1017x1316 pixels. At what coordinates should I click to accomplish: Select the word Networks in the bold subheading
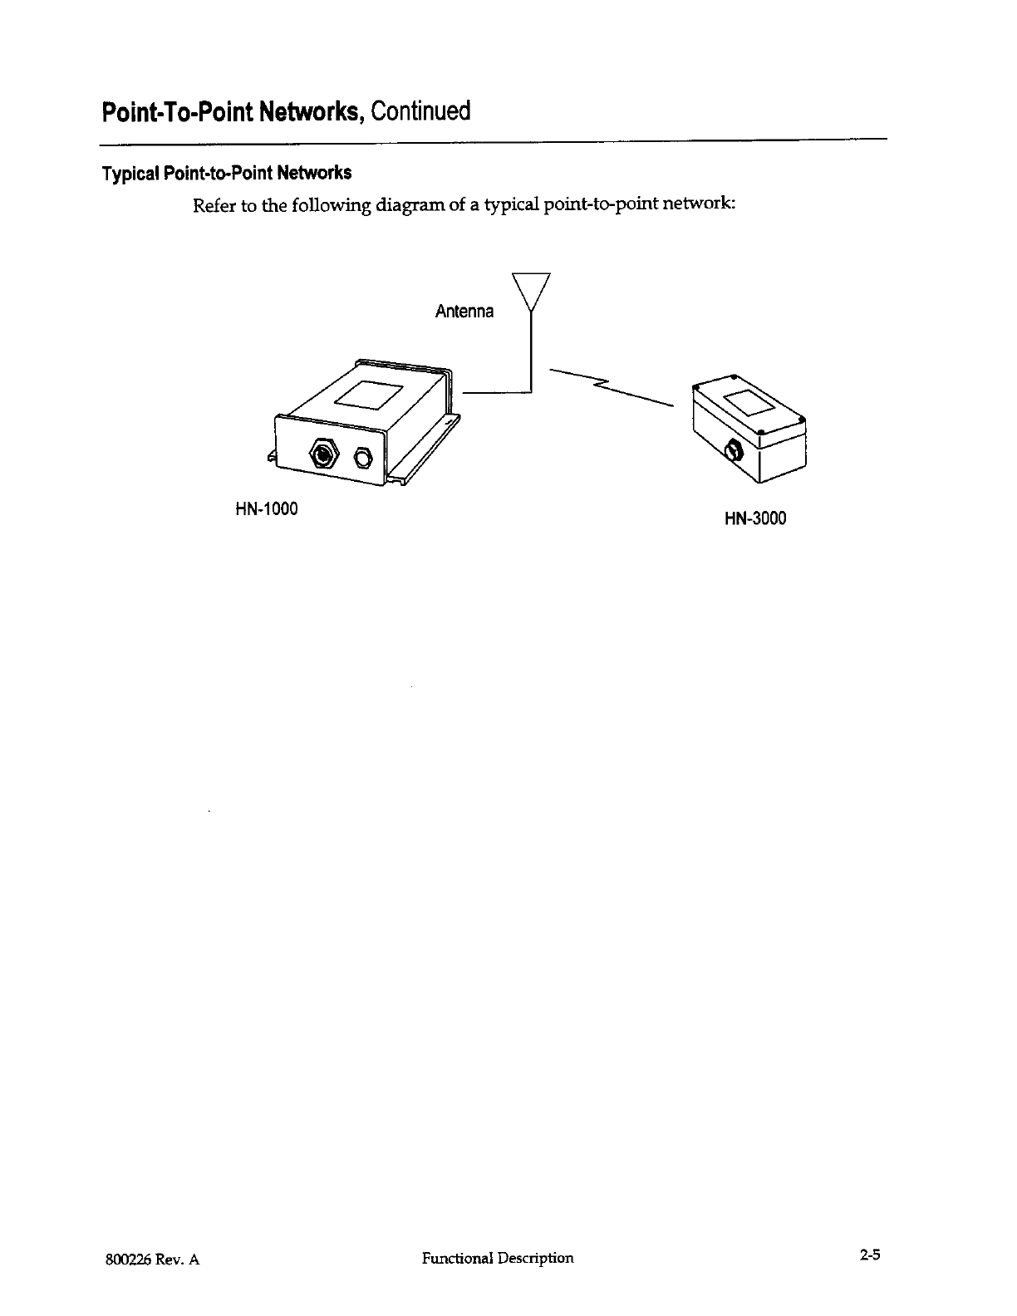click(x=314, y=174)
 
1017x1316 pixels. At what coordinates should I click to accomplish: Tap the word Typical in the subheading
click(x=130, y=174)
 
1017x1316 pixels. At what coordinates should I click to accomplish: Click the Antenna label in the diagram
click(x=464, y=312)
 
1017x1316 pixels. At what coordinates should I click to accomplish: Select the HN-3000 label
click(x=755, y=519)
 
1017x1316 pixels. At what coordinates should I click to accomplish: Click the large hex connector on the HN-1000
click(x=322, y=454)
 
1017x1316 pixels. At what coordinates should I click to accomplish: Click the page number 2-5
click(x=870, y=1256)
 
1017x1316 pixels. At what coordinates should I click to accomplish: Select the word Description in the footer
click(x=536, y=1258)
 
